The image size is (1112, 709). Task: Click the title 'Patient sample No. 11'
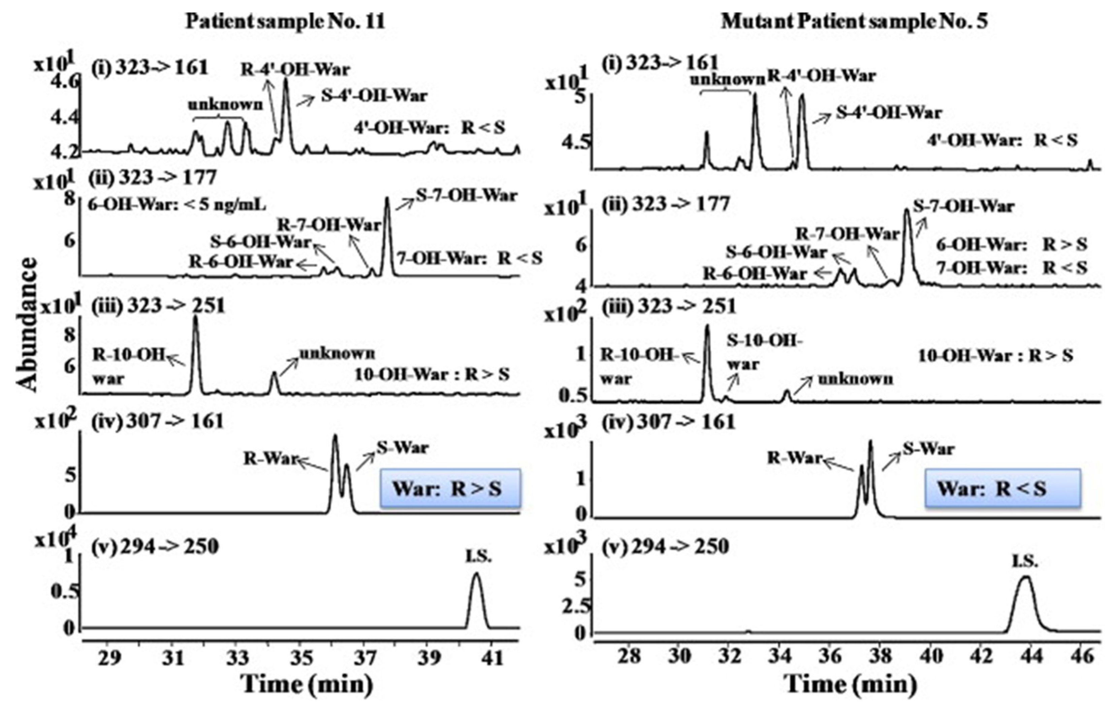pyautogui.click(x=285, y=22)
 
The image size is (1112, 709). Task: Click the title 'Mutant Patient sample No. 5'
pyautogui.click(x=854, y=22)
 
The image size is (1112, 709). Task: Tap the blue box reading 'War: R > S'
pyautogui.click(x=450, y=489)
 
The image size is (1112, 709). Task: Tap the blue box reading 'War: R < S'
pyautogui.click(x=1002, y=489)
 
